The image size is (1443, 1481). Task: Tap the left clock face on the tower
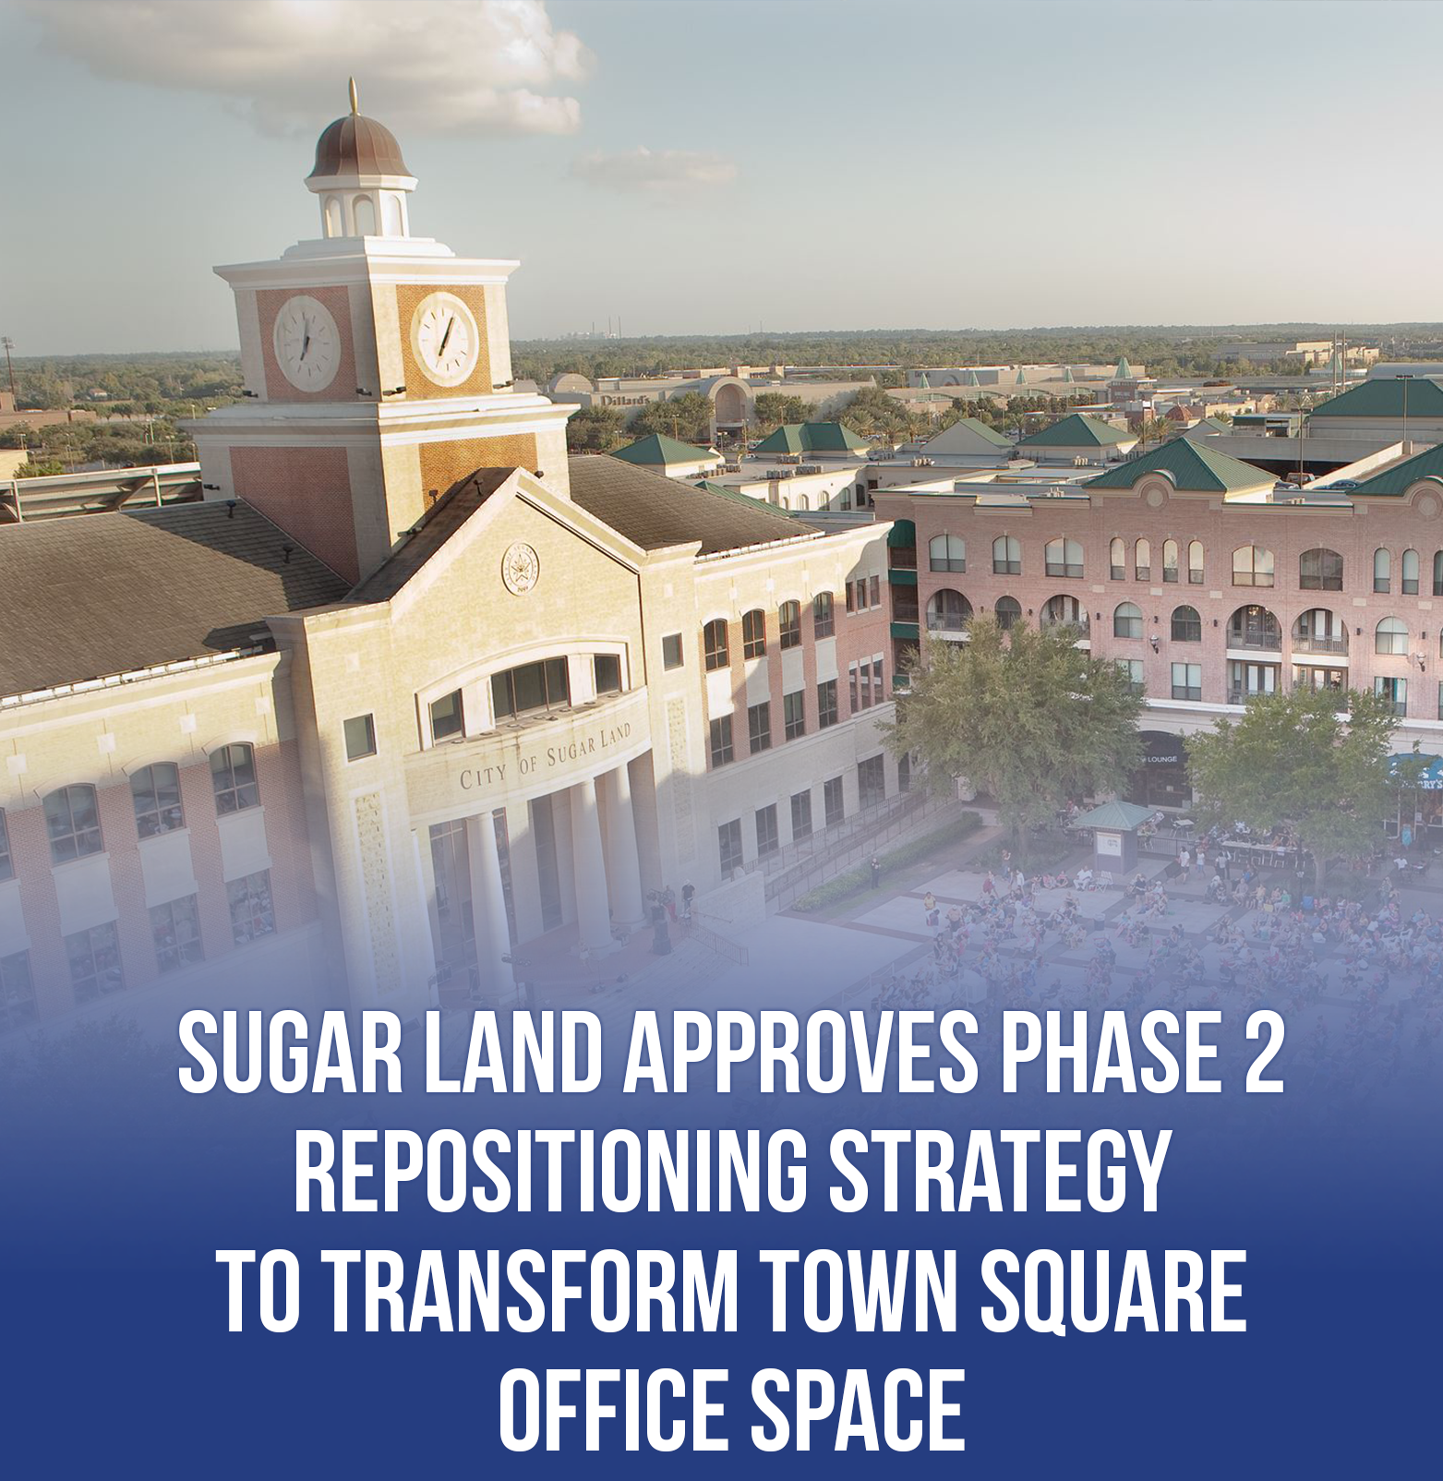307,343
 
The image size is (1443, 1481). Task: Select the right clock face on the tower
445,339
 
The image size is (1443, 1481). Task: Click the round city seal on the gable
520,568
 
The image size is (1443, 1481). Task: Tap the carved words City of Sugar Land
546,755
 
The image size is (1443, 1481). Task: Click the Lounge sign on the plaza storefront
1160,759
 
